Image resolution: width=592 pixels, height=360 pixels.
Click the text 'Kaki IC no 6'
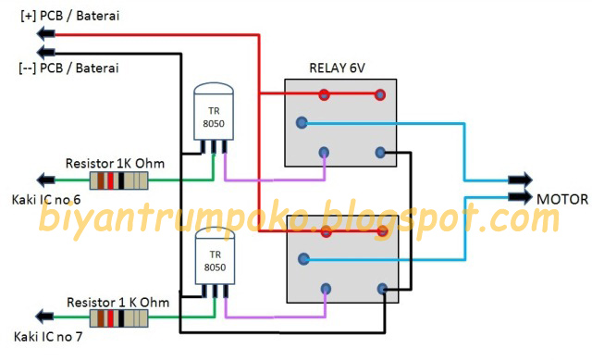[45, 200]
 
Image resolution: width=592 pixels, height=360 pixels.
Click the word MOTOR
[561, 197]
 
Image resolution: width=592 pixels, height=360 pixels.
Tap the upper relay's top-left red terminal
[324, 93]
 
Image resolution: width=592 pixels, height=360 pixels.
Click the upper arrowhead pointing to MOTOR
[520, 180]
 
